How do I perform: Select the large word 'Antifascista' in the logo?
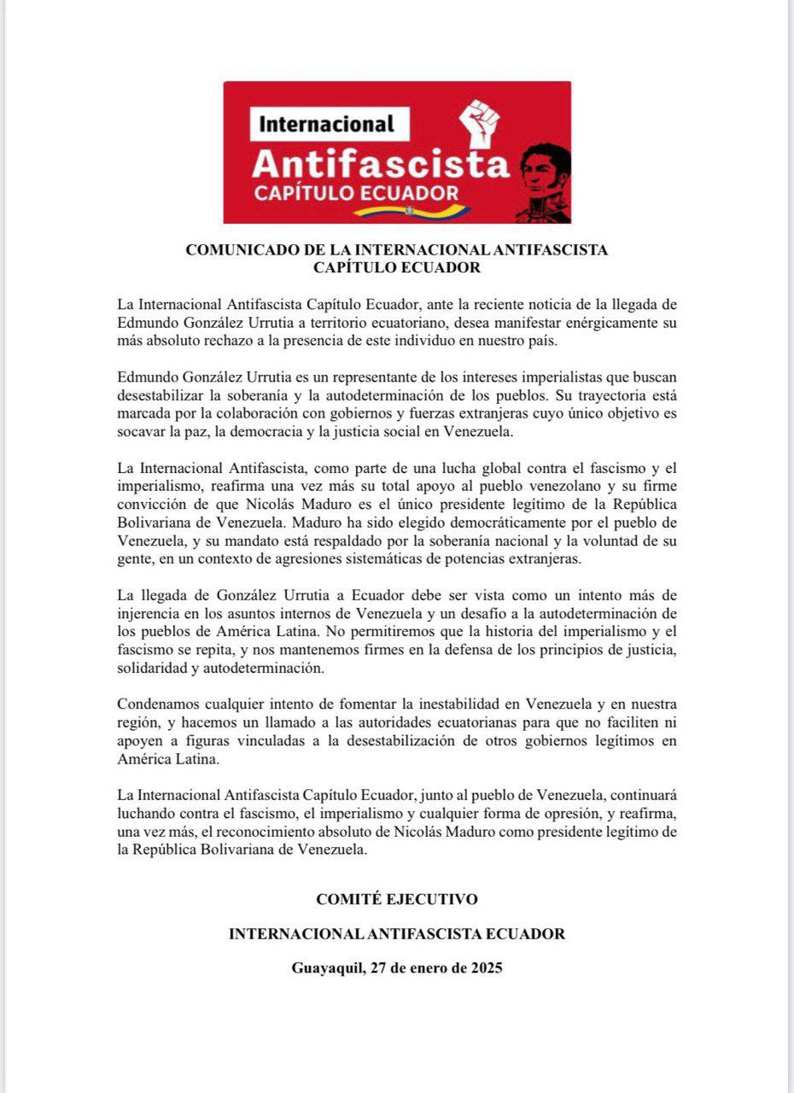click(381, 161)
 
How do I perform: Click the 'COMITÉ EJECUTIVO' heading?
click(397, 899)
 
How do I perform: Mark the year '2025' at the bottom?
click(485, 969)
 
